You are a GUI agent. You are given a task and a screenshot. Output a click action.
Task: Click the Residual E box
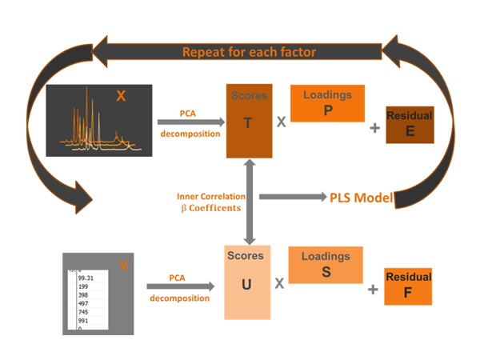tap(410, 125)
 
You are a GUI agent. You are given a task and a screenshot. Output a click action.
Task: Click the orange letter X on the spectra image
tap(121, 96)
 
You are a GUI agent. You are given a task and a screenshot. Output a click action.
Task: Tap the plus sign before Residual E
tap(374, 126)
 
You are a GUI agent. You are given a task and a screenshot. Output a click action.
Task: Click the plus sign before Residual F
tap(373, 289)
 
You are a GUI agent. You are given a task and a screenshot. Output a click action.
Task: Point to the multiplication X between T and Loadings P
tap(282, 122)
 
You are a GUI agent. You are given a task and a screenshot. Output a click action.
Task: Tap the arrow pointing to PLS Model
tap(291, 196)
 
